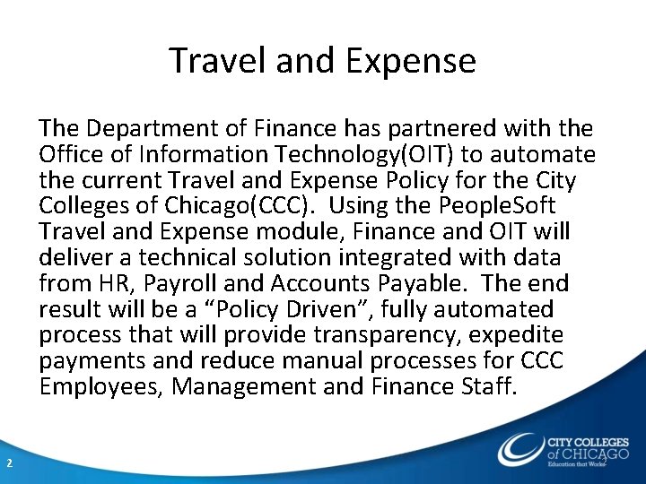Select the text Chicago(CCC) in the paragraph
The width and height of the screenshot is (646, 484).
pyautogui.click(x=244, y=206)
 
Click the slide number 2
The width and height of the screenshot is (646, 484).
pyautogui.click(x=9, y=462)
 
